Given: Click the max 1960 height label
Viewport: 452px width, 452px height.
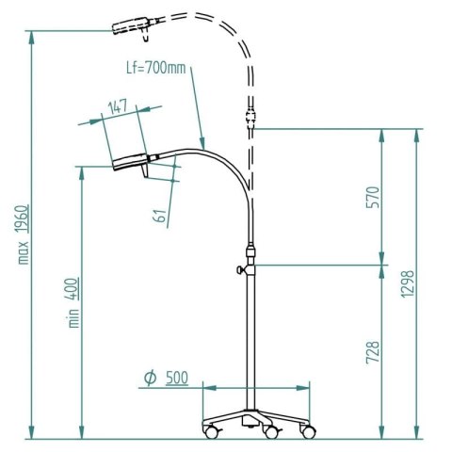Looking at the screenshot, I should pos(22,233).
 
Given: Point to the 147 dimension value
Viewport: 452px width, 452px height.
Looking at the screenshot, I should pos(117,108).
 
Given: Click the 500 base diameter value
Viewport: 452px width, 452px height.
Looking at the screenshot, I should pos(176,378).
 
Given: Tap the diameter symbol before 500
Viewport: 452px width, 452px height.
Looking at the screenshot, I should pos(150,378).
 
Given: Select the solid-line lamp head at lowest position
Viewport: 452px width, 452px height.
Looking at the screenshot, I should pos(130,162).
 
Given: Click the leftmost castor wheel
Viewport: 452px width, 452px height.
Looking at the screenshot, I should pos(210,432).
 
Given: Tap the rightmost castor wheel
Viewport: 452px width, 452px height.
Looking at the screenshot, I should pos(307,432).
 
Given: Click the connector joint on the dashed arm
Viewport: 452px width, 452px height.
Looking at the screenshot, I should pos(251,120).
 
